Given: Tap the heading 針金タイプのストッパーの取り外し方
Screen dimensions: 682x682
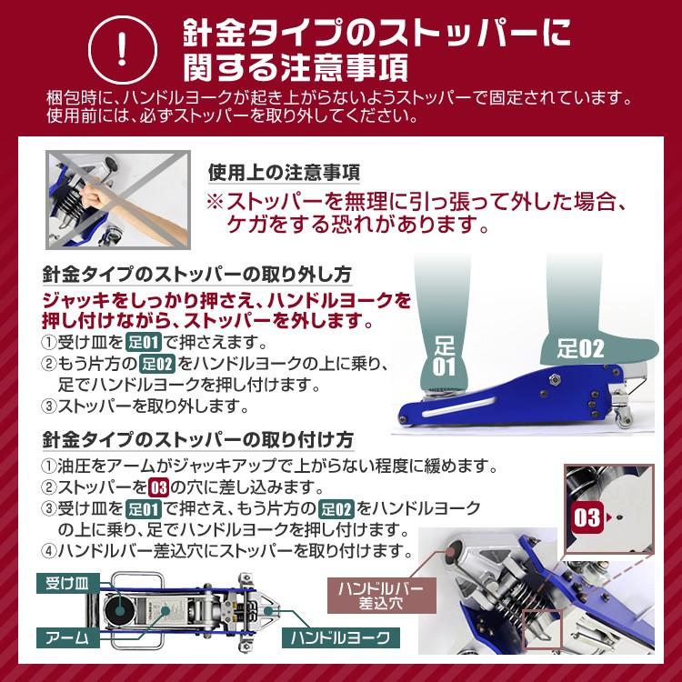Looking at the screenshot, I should click(x=197, y=276).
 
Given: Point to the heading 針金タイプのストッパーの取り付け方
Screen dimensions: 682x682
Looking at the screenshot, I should click(x=197, y=439).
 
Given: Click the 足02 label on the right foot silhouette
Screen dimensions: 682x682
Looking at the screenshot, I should click(x=579, y=348).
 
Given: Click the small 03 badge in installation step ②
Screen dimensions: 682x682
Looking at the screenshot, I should click(x=158, y=486).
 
